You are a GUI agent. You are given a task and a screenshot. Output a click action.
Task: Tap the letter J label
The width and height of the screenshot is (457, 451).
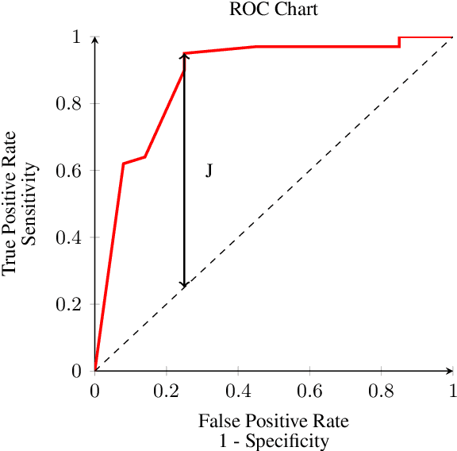point(209,171)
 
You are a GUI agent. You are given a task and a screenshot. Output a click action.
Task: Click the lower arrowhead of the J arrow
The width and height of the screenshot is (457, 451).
point(184,283)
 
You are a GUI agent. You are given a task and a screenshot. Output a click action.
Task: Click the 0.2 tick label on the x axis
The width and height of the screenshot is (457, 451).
point(167,391)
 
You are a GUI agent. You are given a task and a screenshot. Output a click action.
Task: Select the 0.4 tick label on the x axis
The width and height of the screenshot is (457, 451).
point(238,391)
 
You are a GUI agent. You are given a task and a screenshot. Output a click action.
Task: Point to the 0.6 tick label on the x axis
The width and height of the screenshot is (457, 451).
point(309,391)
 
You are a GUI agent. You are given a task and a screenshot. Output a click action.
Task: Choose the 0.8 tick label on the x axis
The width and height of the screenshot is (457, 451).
point(381,391)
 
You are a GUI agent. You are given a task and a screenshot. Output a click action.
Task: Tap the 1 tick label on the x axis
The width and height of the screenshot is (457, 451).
point(452,391)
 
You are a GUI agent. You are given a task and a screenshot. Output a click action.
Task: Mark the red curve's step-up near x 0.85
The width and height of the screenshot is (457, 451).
point(399,41)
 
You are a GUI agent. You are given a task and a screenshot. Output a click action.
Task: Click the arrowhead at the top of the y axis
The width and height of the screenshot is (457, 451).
point(95,39)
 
